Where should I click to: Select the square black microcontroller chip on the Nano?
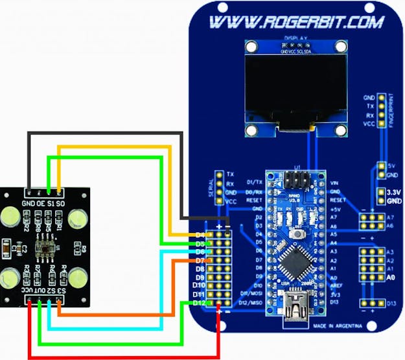[x=295, y=260]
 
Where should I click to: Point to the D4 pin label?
[x=200, y=234]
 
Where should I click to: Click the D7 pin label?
[x=200, y=260]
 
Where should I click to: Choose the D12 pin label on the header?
[x=199, y=303]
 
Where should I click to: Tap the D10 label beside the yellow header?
[x=199, y=285]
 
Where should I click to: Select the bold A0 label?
[x=391, y=277]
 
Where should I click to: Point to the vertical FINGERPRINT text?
[x=391, y=111]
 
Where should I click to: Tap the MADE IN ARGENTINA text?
[x=336, y=326]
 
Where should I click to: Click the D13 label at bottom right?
[x=391, y=304]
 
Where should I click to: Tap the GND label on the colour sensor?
[x=29, y=204]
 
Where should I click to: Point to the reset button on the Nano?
[x=299, y=234]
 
